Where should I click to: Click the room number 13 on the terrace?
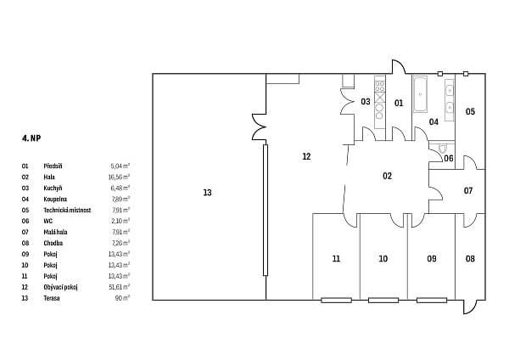pyautogui.click(x=207, y=193)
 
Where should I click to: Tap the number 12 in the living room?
pyautogui.click(x=306, y=156)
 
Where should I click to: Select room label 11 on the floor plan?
pyautogui.click(x=336, y=258)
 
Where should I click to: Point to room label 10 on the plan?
pyautogui.click(x=383, y=258)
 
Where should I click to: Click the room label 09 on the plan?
pyautogui.click(x=431, y=258)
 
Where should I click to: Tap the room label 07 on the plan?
pyautogui.click(x=468, y=190)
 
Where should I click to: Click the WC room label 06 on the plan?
pyautogui.click(x=449, y=159)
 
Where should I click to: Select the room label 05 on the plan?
pyautogui.click(x=470, y=111)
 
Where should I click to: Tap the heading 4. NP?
pyautogui.click(x=31, y=137)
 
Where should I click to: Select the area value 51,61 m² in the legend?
pyautogui.click(x=119, y=287)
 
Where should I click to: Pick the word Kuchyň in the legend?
pyautogui.click(x=54, y=187)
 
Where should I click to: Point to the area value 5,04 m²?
pyautogui.click(x=120, y=166)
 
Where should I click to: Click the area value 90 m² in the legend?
pyautogui.click(x=121, y=298)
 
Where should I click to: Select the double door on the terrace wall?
pyautogui.click(x=258, y=128)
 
